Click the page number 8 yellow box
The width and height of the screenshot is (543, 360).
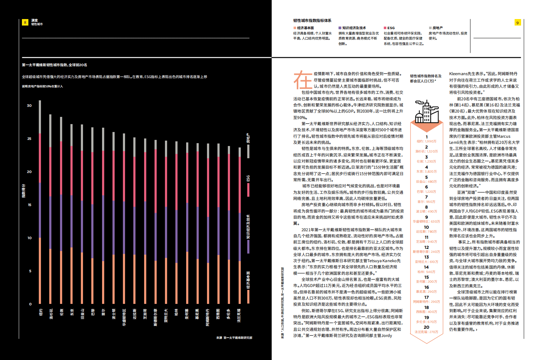[x=25, y=22]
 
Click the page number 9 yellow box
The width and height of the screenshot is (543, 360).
[x=517, y=23]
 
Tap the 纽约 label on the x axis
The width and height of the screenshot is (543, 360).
[x=41, y=312]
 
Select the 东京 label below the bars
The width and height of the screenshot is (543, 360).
[x=72, y=312]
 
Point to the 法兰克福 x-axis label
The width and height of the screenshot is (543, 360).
[x=239, y=315]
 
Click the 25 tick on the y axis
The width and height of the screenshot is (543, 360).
[x=29, y=139]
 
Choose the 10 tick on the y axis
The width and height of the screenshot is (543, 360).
[x=29, y=238]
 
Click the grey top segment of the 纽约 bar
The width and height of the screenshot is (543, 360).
[x=40, y=117]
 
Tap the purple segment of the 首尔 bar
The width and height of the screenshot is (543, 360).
[x=103, y=228]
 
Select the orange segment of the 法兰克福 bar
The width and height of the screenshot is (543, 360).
[x=240, y=282]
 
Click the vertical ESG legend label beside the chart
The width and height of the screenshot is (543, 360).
[x=248, y=178]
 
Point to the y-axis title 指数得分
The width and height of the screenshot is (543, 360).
[x=24, y=191]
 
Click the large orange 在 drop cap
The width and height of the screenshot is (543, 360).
[x=303, y=80]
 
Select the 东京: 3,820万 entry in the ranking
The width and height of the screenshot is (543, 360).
[x=427, y=172]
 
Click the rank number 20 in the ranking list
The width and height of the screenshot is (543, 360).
[x=427, y=327]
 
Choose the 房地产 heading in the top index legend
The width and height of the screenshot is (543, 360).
[x=437, y=28]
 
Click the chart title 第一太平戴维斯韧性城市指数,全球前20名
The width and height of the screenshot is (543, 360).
[x=55, y=65]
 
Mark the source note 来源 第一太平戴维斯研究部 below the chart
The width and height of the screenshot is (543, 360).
[x=234, y=338]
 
